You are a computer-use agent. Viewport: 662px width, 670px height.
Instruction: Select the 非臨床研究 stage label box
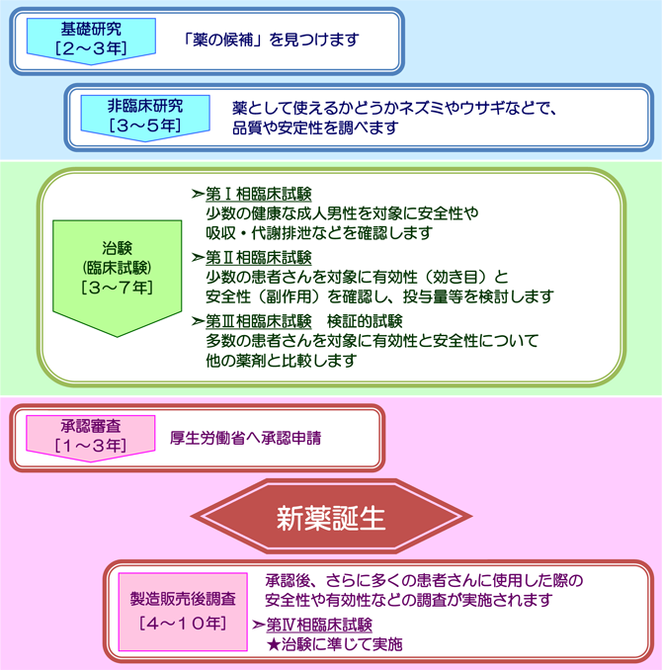pos(145,118)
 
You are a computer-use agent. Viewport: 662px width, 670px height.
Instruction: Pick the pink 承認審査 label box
pos(91,438)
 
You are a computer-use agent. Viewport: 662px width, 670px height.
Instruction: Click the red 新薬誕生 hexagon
pos(331,517)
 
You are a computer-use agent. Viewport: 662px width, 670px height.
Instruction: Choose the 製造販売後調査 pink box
pos(183,612)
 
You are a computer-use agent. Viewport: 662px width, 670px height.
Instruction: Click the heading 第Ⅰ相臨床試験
pos(259,195)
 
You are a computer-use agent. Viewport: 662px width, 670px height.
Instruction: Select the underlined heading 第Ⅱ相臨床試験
pos(259,258)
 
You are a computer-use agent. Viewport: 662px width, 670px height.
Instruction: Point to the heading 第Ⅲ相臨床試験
pos(259,321)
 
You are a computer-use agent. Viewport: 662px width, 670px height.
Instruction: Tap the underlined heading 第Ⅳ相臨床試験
pos(319,625)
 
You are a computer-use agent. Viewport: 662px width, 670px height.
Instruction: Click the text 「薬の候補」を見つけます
pos(271,40)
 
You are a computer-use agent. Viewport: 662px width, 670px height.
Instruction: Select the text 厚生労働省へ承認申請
pos(245,438)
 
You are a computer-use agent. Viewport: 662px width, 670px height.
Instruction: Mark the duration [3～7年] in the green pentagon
pos(118,288)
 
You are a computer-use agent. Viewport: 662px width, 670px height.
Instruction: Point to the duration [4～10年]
pos(183,624)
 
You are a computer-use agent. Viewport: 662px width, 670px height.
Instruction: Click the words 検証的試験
pos(365,321)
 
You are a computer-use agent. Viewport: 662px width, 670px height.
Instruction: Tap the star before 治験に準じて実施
pos(273,644)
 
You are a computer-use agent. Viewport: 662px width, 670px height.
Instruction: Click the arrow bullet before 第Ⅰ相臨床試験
pos(198,195)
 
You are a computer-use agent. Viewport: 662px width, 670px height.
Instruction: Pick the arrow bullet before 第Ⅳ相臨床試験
pos(258,625)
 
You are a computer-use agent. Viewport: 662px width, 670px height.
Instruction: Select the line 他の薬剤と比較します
pos(282,361)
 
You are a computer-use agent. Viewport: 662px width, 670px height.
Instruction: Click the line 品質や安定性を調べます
pos(315,127)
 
